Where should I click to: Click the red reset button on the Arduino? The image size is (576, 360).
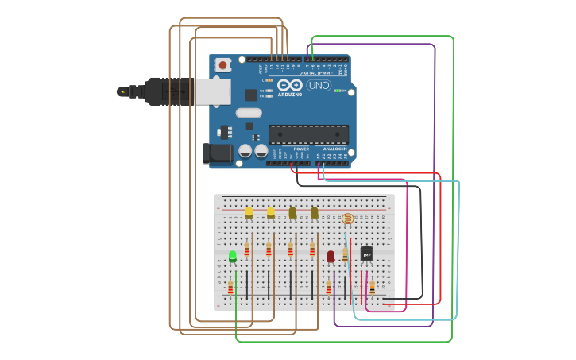tap(222, 64)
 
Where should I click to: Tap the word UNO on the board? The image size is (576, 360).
tap(319, 85)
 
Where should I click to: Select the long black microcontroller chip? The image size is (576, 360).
tap(308, 134)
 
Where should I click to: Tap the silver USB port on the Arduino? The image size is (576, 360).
tap(214, 91)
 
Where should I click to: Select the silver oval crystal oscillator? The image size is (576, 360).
tap(248, 113)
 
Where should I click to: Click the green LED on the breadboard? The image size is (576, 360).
tap(233, 256)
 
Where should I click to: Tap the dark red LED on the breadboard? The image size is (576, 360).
tap(331, 256)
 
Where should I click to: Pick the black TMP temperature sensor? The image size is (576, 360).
tap(366, 254)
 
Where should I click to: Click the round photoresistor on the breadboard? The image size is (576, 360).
tap(347, 219)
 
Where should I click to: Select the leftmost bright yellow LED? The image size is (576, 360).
tap(249, 213)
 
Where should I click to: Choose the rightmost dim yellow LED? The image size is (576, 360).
tap(315, 213)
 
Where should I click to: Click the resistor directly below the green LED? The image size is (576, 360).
tap(230, 287)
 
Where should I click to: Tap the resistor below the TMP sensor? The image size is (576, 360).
tap(372, 287)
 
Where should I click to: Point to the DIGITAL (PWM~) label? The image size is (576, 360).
tap(322, 72)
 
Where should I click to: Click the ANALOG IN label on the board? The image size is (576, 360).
tap(334, 149)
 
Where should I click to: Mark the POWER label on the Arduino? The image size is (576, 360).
tap(301, 149)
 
